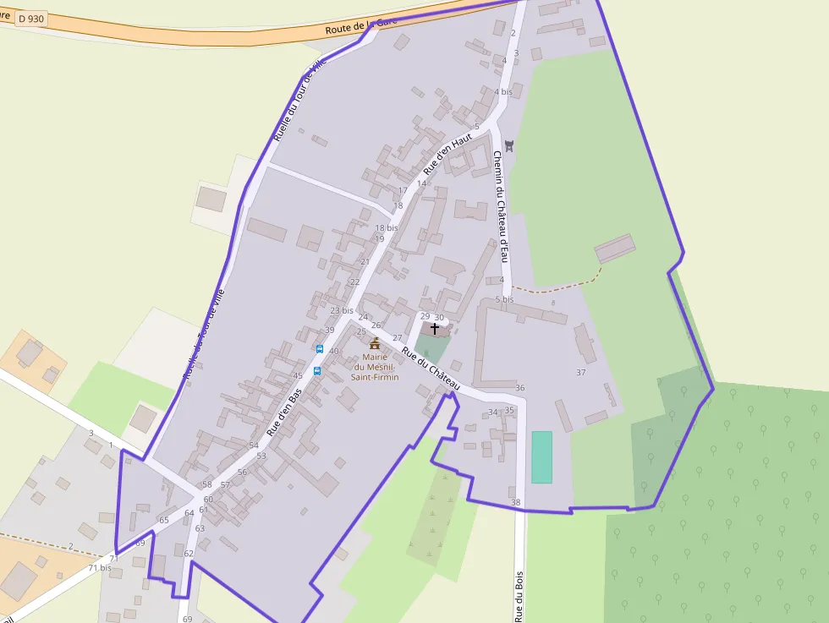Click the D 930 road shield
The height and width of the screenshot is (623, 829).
tap(30, 19)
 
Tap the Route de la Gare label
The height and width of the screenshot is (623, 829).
tap(361, 27)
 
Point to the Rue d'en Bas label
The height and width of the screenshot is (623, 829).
tap(285, 413)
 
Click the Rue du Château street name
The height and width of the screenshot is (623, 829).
tap(431, 369)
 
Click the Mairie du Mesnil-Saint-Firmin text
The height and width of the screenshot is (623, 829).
tap(375, 367)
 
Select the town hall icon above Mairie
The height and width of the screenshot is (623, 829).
tap(375, 343)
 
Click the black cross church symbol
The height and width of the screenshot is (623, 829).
tap(435, 328)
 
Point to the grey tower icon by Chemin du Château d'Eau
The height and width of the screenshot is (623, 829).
tap(508, 145)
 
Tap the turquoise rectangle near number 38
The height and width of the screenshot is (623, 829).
tap(541, 457)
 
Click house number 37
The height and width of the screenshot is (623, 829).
tap(580, 372)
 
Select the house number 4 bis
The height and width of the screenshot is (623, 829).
tap(503, 91)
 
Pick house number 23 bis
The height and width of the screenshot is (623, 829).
tap(342, 310)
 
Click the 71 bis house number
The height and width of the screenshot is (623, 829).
tap(100, 568)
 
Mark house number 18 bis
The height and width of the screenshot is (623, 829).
tap(386, 228)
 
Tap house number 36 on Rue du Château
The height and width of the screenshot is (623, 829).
tap(520, 388)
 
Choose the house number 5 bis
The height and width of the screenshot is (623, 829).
tap(504, 299)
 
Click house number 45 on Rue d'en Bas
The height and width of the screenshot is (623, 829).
tap(297, 375)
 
